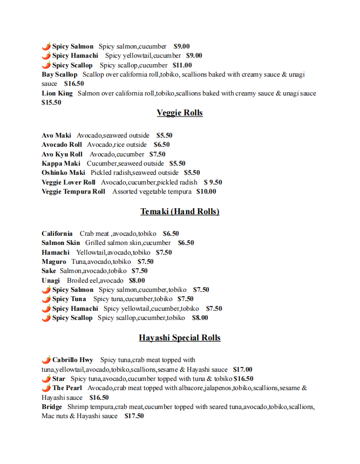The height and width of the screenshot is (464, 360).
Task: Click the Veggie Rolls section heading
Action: pyautogui.click(x=180, y=113)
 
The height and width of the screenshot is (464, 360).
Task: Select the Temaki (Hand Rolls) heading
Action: pyautogui.click(x=180, y=211)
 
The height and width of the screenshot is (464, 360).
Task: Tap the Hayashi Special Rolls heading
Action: pyautogui.click(x=180, y=338)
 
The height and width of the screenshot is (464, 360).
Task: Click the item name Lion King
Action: pyautogui.click(x=57, y=93)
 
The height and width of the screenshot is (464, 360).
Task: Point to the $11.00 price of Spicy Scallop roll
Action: pyautogui.click(x=182, y=65)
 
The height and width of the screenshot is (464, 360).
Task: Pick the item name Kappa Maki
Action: pyautogui.click(x=61, y=163)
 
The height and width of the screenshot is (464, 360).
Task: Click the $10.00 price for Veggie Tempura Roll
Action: pyautogui.click(x=206, y=192)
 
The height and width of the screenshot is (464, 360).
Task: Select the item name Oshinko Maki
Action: pyautogui.click(x=64, y=173)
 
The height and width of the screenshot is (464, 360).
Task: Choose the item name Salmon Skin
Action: pyautogui.click(x=61, y=243)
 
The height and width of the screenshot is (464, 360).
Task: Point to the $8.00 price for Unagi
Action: pyautogui.click(x=137, y=281)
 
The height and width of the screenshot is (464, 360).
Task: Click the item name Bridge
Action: pyautogui.click(x=52, y=407)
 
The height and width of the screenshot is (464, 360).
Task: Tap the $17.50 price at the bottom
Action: pyautogui.click(x=134, y=417)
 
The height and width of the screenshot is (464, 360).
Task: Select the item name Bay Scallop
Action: pyautogui.click(x=59, y=74)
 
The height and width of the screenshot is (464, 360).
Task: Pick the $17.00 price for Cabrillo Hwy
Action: pyautogui.click(x=242, y=370)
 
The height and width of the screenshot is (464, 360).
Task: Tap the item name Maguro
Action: pyautogui.click(x=54, y=262)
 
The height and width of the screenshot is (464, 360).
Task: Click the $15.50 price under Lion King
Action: pyautogui.click(x=51, y=103)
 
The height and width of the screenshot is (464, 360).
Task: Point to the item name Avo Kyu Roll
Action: pyautogui.click(x=62, y=154)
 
